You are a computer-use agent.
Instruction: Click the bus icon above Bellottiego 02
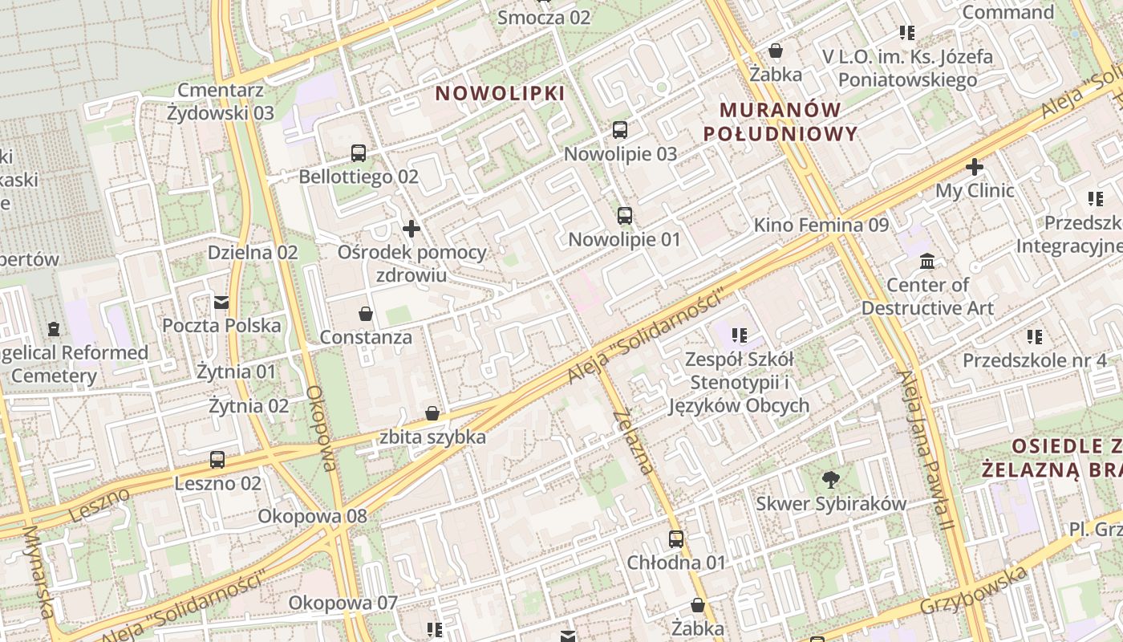coord(359,152)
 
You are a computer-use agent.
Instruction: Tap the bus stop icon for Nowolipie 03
coord(620,129)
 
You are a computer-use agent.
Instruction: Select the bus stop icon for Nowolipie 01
coord(625,215)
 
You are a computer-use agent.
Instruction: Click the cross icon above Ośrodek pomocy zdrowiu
coord(411,229)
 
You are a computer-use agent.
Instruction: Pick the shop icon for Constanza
coord(366,313)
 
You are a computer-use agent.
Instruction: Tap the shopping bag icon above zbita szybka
coord(432,413)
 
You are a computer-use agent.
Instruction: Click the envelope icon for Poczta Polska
coord(221,302)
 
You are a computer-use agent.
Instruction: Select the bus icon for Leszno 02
coord(217,460)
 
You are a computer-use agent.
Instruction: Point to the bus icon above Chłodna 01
coord(676,538)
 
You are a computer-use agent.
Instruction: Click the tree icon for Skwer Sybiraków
coord(831,480)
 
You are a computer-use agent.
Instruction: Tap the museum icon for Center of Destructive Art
coord(928,261)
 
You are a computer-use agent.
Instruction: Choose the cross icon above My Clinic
coord(975,167)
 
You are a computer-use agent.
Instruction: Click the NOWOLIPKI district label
coord(500,93)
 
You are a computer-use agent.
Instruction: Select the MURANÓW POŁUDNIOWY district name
coord(780,121)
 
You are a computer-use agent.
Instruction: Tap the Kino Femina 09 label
coord(821,225)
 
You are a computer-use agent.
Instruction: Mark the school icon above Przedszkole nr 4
coord(1035,336)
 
